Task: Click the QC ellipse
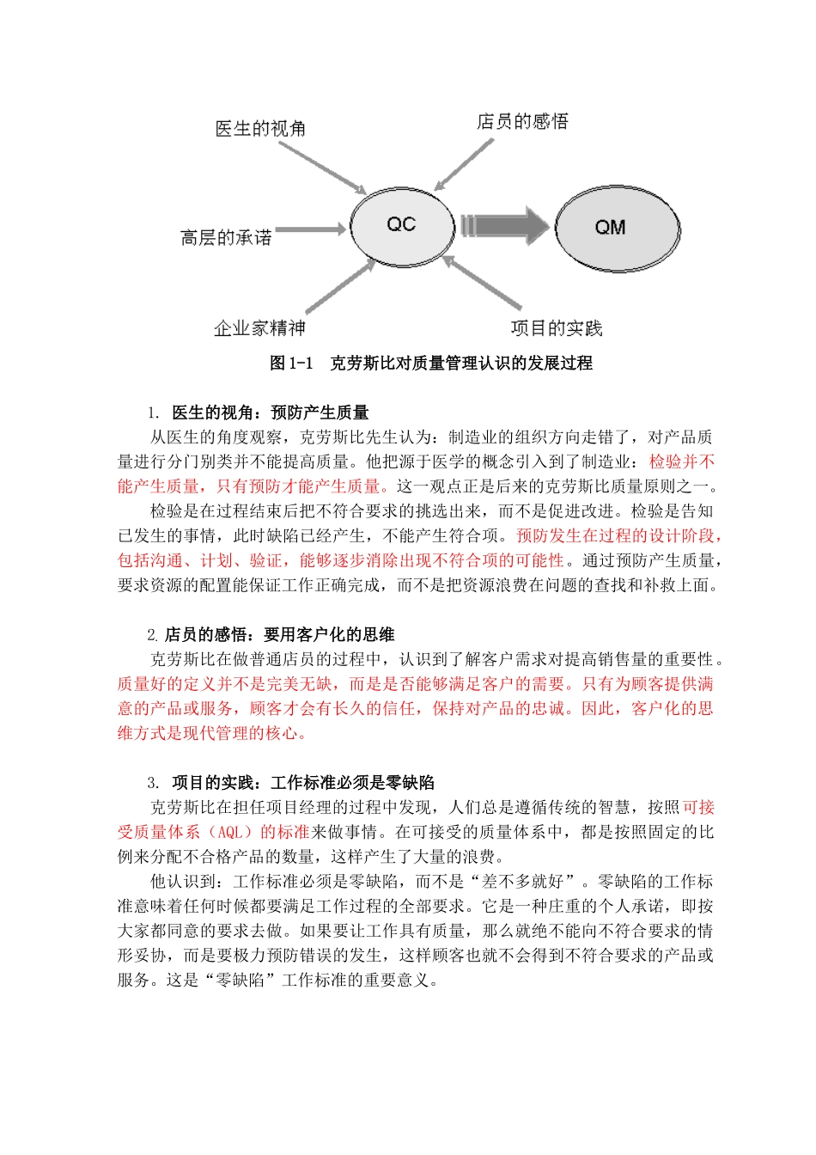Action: click(401, 225)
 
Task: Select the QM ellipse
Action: click(617, 228)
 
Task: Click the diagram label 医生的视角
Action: click(260, 129)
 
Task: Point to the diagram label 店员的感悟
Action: click(522, 122)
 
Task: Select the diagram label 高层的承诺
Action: click(226, 237)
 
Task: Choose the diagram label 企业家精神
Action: click(259, 328)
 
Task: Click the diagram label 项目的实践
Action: click(557, 328)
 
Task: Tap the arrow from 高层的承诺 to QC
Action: click(310, 229)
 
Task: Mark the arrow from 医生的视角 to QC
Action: click(322, 165)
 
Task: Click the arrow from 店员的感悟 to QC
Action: click(464, 163)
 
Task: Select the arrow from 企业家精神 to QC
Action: click(338, 287)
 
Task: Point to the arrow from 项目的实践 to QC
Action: click(482, 283)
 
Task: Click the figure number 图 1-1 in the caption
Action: click(291, 364)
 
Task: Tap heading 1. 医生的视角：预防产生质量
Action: click(258, 412)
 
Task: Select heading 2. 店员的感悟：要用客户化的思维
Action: click(271, 635)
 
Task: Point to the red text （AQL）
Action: click(231, 832)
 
